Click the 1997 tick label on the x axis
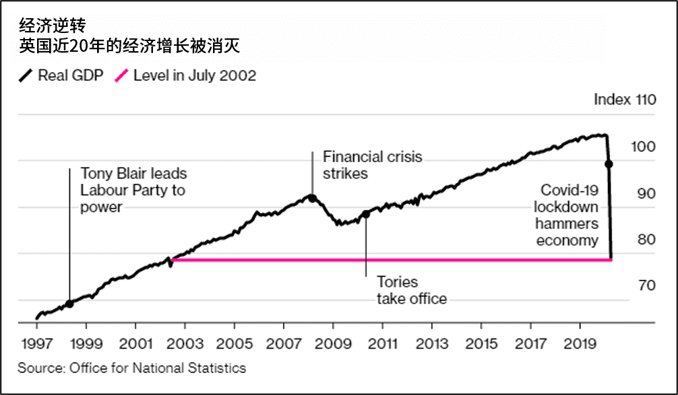pyautogui.click(x=36, y=344)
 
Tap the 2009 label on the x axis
pyautogui.click(x=332, y=344)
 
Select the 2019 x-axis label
pyautogui.click(x=580, y=344)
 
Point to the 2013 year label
pyautogui.click(x=431, y=344)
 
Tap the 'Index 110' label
pyautogui.click(x=624, y=100)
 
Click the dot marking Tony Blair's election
pyautogui.click(x=69, y=303)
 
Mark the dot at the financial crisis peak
pyautogui.click(x=312, y=198)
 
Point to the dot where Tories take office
pyautogui.click(x=366, y=214)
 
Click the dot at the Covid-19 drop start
pyautogui.click(x=609, y=164)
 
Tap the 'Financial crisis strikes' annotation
pyautogui.click(x=373, y=165)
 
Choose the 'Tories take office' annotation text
pyautogui.click(x=411, y=290)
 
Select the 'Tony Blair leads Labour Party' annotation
pyautogui.click(x=133, y=190)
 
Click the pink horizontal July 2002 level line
pyautogui.click(x=391, y=259)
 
